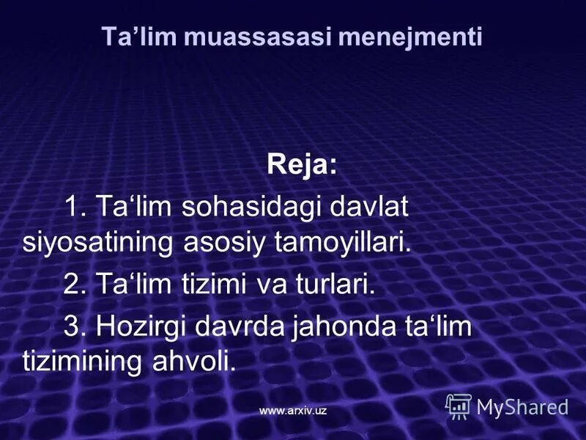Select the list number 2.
(x=73, y=285)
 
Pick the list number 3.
(x=73, y=327)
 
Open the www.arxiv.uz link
(x=292, y=411)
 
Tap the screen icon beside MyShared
(x=459, y=406)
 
